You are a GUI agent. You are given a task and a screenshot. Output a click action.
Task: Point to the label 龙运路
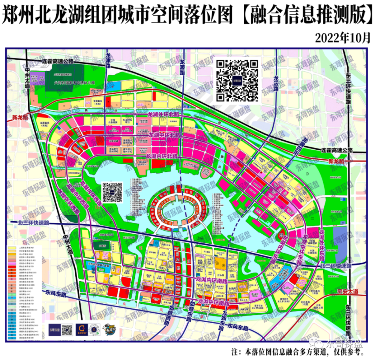[277, 82]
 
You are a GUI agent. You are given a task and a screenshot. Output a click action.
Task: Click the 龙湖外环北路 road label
[164, 114]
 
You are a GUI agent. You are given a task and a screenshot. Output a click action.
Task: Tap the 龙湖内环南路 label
[212, 279]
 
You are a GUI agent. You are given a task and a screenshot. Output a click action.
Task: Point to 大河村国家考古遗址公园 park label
[75, 83]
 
